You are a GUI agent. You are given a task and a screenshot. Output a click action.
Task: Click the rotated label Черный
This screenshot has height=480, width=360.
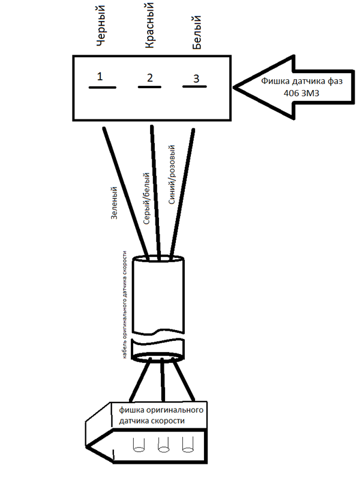101,26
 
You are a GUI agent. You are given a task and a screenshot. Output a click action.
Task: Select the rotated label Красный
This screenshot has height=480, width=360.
149,25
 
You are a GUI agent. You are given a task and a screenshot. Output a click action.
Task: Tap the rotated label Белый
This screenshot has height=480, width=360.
197,32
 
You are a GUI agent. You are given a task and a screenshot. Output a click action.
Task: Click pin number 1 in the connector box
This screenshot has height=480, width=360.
100,76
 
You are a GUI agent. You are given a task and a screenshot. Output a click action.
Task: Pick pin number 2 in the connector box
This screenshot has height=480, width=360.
149,78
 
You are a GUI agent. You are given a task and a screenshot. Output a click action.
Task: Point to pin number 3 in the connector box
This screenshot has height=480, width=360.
196,79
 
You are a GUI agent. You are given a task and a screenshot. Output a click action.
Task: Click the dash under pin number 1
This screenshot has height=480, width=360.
103,88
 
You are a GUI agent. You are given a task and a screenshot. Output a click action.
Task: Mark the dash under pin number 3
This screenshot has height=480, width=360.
194,86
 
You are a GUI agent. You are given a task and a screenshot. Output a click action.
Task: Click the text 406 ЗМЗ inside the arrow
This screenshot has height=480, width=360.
301,93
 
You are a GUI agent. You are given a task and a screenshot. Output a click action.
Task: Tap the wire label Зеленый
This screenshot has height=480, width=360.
114,203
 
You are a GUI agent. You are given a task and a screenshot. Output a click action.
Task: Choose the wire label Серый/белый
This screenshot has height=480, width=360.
146,199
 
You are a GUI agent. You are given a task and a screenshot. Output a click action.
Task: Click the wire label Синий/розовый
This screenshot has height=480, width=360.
172,175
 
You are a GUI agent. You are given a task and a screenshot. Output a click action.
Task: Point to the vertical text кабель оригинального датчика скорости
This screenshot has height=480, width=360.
125,305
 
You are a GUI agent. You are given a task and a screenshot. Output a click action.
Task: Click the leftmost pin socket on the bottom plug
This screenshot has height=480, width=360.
139,445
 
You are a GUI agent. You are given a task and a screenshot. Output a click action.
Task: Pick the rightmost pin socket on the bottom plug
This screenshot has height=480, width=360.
188,445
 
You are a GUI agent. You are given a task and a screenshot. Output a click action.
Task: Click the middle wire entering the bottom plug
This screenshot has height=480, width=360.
163,380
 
